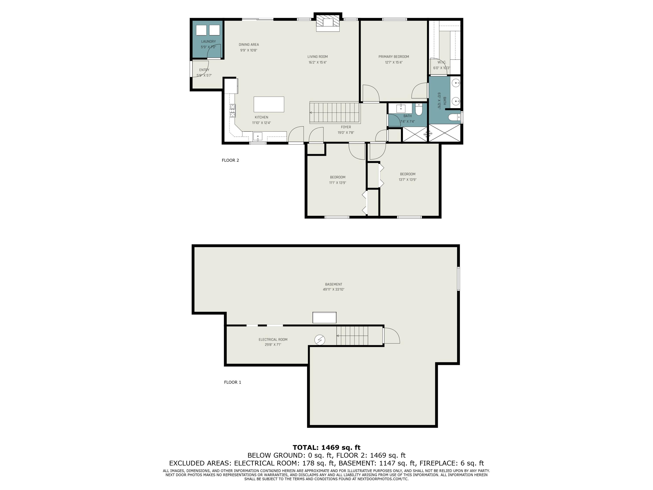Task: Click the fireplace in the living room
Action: tap(328, 22)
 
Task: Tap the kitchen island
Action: tap(269, 104)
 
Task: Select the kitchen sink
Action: tap(258, 137)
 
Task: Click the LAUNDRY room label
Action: tap(209, 42)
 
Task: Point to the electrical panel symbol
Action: tap(320, 340)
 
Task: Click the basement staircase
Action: tap(352, 336)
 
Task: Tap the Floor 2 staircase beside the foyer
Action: tap(335, 113)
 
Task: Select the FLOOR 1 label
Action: tap(233, 382)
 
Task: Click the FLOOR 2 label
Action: tap(230, 160)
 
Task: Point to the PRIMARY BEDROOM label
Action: tap(394, 57)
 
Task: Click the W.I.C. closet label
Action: tap(442, 62)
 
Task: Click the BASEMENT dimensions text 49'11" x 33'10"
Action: tap(334, 289)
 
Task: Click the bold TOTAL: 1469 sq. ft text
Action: tap(326, 448)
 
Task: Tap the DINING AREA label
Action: tap(249, 45)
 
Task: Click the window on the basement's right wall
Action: tap(458, 279)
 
